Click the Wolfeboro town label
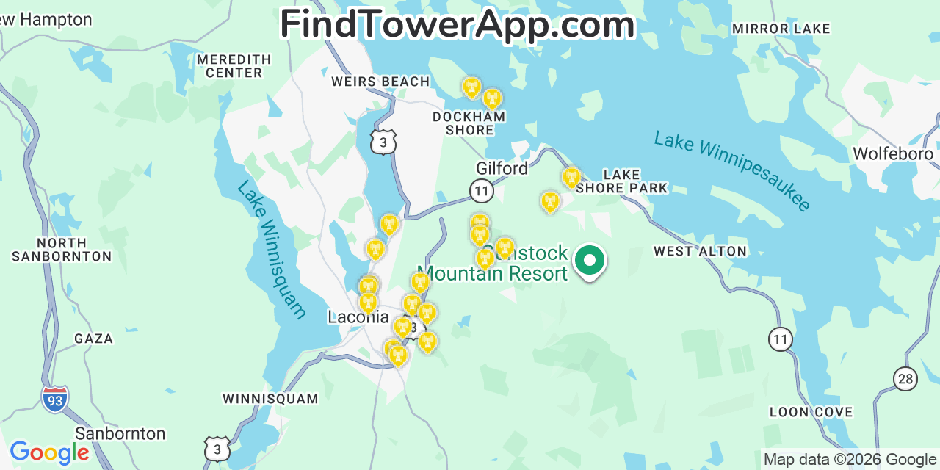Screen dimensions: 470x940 point(892,154)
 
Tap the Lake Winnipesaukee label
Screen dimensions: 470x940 point(732,171)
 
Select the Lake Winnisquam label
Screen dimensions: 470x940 point(271,250)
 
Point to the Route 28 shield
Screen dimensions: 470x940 point(905,378)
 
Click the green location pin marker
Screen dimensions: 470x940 point(589,261)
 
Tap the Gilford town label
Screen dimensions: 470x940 point(502,168)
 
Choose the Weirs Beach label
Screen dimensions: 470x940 point(380,82)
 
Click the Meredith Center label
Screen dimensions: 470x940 point(234,66)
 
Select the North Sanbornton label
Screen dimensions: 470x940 point(62,250)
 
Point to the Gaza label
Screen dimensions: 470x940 point(93,339)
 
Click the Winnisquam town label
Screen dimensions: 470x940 point(270,399)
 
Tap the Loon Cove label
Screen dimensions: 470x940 point(811,412)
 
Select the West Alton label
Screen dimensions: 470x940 point(700,251)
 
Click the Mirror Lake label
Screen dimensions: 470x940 point(781,29)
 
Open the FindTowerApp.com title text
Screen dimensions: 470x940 point(458,24)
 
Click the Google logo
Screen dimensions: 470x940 point(49,452)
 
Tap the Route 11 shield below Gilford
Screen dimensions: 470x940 point(482,191)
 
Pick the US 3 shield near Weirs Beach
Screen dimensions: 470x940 point(383,142)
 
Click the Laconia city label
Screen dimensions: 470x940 point(358,317)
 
